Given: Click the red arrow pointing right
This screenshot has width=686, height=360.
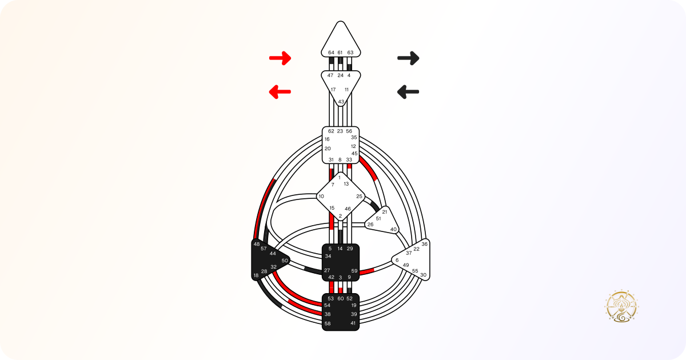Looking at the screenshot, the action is point(280,58).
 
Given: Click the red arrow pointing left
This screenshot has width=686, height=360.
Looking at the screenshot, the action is point(280,92).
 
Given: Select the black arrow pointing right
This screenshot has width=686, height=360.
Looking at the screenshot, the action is point(408,58).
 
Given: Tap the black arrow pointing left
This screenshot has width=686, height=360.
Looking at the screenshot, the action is point(408,92).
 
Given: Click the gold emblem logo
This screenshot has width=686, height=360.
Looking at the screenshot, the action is point(621,306).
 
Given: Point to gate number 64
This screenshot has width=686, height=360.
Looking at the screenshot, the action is point(331,53).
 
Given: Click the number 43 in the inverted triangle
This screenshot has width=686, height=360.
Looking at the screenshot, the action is point(341,102).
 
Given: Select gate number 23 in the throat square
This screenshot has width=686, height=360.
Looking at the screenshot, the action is point(340,131).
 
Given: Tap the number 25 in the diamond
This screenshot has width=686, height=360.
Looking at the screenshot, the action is point(359,196).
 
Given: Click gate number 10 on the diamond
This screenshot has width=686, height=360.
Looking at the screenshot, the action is point(321,196).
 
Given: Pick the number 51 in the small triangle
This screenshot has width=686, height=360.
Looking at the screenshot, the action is point(378,218).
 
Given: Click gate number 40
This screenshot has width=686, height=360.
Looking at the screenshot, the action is point(393,229).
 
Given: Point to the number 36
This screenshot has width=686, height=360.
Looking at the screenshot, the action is point(424,245).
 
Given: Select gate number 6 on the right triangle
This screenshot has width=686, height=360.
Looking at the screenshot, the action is point(397,260).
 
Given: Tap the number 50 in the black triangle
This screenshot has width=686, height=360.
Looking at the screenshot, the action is point(285,261).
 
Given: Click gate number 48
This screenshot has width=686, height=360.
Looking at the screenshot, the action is point(257,245).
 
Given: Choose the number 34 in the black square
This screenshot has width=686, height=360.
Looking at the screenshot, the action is point(328,256).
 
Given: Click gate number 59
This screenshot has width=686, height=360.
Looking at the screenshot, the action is point(354,271).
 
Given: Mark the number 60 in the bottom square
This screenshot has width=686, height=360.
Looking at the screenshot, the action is point(341,298).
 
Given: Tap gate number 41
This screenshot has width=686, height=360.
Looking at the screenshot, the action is point(353,323).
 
